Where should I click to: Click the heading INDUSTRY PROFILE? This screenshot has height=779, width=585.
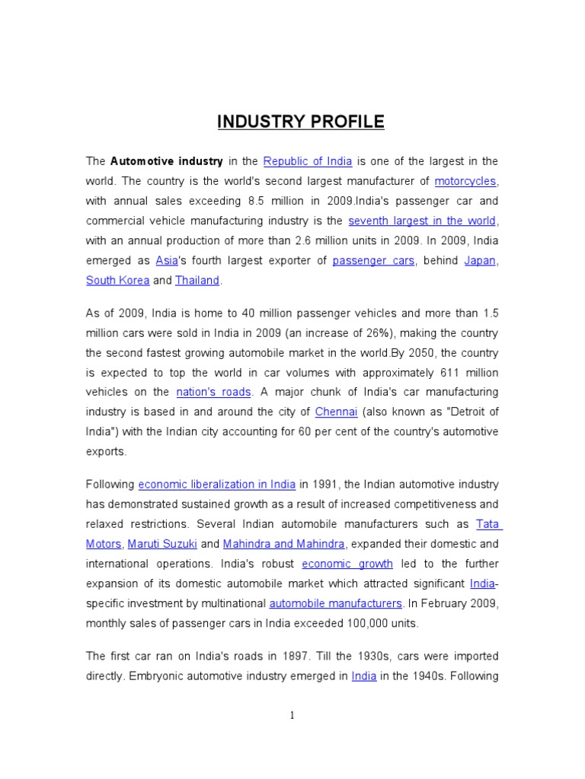coord(301,122)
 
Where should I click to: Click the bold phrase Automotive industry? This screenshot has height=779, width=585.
coord(166,161)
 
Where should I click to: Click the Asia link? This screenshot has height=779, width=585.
coord(166,260)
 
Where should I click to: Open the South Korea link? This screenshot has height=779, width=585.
coord(117,280)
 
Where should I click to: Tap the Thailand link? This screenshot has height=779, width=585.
coord(197,280)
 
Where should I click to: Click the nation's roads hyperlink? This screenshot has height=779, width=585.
coord(213,392)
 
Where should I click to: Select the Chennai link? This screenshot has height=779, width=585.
coord(335,412)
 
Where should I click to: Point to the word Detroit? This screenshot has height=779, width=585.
coord(466,412)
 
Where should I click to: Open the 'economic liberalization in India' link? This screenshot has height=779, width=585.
coord(217,485)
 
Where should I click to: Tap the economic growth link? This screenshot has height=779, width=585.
coord(347,564)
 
